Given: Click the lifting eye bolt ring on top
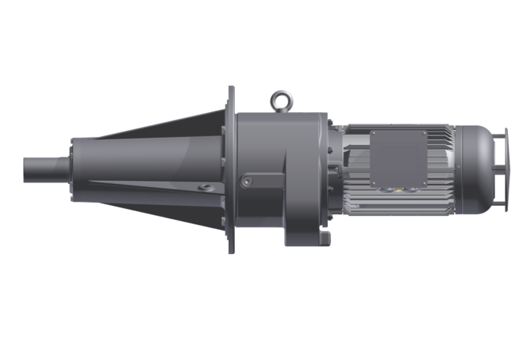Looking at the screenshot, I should pyautogui.click(x=281, y=99).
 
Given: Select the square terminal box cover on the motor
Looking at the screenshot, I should pyautogui.click(x=399, y=159).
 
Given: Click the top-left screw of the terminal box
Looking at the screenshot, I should pyautogui.click(x=374, y=134).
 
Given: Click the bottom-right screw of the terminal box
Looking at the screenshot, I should pyautogui.click(x=424, y=183).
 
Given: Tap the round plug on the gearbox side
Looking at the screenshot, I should pyautogui.click(x=247, y=182).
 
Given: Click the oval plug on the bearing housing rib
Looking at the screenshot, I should pyautogui.click(x=205, y=187).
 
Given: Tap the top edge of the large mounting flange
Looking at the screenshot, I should pyautogui.click(x=231, y=90).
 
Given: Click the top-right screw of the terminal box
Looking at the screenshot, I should pyautogui.click(x=424, y=134).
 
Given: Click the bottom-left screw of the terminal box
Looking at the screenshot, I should pyautogui.click(x=374, y=183).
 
